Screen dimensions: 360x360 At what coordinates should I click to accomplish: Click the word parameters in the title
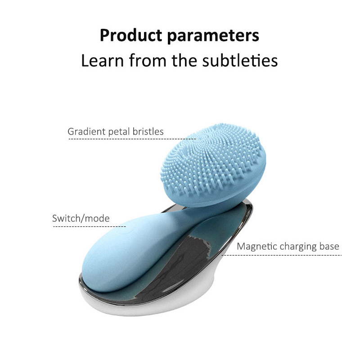click(213, 36)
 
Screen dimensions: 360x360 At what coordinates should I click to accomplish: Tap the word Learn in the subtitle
click(102, 60)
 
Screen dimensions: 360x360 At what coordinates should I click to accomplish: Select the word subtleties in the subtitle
click(240, 60)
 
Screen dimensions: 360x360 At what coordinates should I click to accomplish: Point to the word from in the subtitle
click(148, 60)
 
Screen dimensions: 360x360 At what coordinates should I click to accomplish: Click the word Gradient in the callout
click(86, 131)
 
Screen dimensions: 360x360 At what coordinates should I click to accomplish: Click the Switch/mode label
click(81, 218)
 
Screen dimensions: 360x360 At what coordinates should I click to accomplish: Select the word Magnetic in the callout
click(256, 246)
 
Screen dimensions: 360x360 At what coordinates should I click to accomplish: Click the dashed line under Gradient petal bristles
click(132, 139)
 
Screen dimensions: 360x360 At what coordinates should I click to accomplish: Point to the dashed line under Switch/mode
click(90, 226)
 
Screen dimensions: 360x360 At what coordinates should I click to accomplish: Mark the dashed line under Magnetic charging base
click(282, 255)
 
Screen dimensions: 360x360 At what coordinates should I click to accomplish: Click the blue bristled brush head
click(213, 165)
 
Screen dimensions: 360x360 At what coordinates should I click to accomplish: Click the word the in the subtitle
click(184, 60)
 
